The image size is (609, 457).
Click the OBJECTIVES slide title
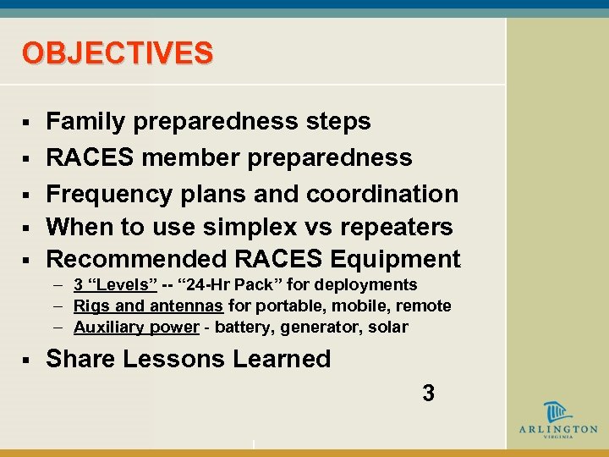(x=118, y=53)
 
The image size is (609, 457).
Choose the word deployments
(x=368, y=285)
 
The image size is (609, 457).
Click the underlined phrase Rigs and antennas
(x=148, y=306)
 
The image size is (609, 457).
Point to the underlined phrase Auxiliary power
(x=136, y=327)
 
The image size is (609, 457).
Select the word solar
(x=387, y=327)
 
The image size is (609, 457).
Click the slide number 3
(x=428, y=393)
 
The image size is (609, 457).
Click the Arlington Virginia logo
(x=557, y=421)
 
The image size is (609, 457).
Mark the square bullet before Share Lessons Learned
(x=27, y=361)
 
